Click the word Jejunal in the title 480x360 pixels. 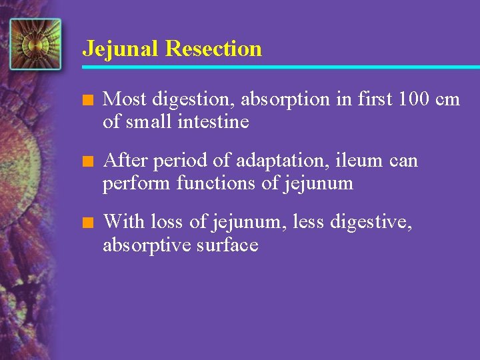[x=121, y=49]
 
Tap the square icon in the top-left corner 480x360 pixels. [x=35, y=45]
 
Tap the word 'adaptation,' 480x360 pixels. [x=279, y=161]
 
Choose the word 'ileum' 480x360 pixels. [x=354, y=161]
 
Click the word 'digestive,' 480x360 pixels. [x=371, y=222]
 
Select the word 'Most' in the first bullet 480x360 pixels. [x=126, y=99]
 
